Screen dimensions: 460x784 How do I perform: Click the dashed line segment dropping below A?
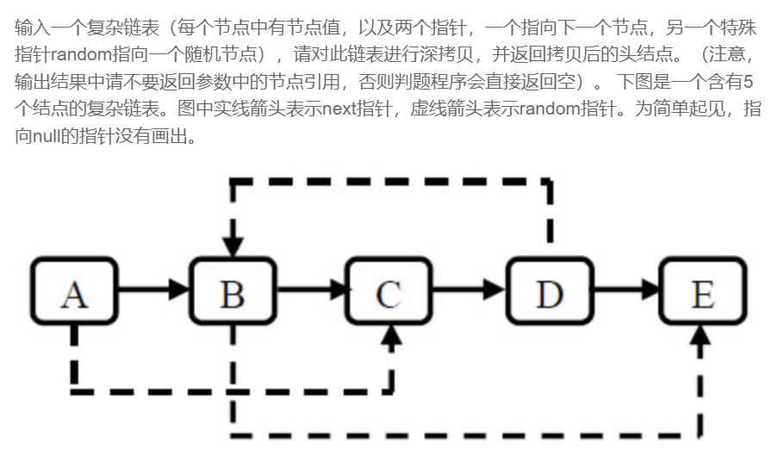[x=74, y=353]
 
